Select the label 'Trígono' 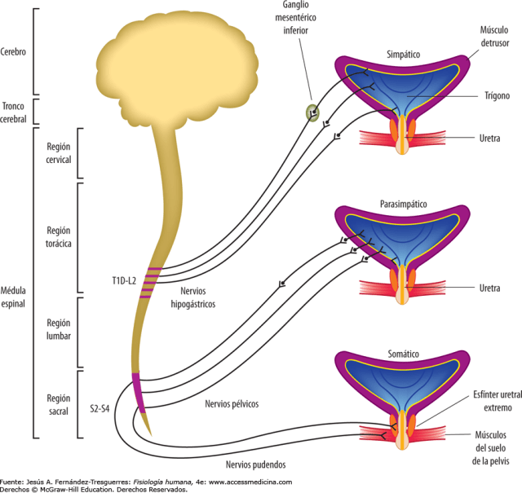click(495, 96)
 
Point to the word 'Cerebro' click(15, 51)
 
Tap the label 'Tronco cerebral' click(15, 112)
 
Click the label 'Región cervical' click(59, 152)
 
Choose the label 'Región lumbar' click(59, 331)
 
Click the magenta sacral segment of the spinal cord click(139, 392)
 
